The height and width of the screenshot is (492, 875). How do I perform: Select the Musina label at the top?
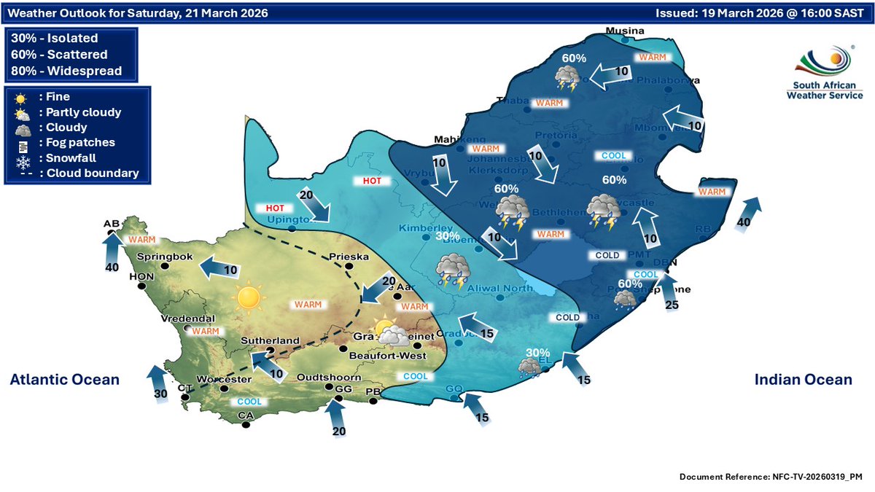point(626,31)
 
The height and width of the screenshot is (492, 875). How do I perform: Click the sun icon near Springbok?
point(248,297)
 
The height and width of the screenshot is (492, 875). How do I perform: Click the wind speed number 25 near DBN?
point(672,305)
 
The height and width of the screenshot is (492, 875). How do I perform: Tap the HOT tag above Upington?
point(274,208)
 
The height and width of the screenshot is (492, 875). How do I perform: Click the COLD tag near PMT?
point(607,256)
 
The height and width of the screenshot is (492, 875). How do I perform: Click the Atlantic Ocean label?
point(64,379)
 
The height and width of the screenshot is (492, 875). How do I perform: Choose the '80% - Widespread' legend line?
point(66,71)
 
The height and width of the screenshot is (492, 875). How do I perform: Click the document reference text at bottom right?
point(771,477)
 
